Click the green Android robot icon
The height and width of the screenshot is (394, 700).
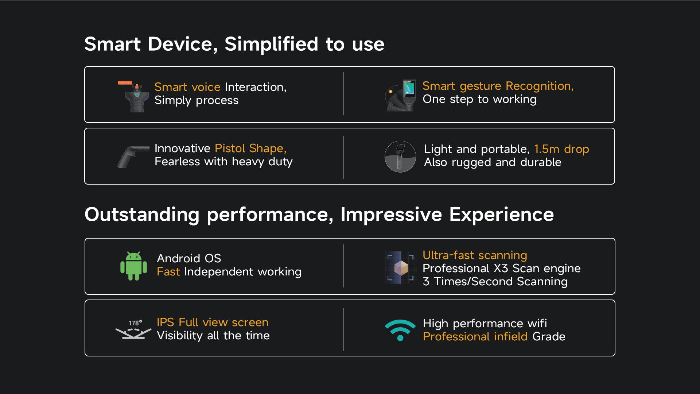pyautogui.click(x=133, y=266)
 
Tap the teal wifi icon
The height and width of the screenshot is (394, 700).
pyautogui.click(x=400, y=330)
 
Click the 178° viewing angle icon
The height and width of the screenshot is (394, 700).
pyautogui.click(x=133, y=329)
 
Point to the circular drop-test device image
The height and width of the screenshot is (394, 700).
pyautogui.click(x=400, y=157)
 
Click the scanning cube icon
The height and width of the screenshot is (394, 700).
pyautogui.click(x=400, y=267)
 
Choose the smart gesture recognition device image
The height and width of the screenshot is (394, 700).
pyautogui.click(x=401, y=95)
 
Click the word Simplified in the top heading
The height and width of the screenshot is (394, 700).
pyautogui.click(x=272, y=45)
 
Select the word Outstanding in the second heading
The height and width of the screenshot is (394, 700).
pyautogui.click(x=142, y=215)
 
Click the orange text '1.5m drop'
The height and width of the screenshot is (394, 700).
pyautogui.click(x=561, y=149)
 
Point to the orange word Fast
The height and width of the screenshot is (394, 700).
pyautogui.click(x=168, y=271)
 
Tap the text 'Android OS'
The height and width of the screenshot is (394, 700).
pyautogui.click(x=189, y=258)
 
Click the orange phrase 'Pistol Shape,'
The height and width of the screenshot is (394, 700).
pyautogui.click(x=250, y=148)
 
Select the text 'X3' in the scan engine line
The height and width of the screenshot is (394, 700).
pyautogui.click(x=501, y=268)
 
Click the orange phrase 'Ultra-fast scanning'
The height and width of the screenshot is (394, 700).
pyautogui.click(x=475, y=255)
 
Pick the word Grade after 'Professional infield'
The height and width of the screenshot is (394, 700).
pyautogui.click(x=549, y=336)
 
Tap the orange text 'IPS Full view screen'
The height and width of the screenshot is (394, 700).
pyautogui.click(x=213, y=322)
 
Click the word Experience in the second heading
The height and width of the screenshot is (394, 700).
pyautogui.click(x=501, y=215)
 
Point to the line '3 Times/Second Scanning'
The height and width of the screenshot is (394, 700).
pyautogui.click(x=495, y=282)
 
